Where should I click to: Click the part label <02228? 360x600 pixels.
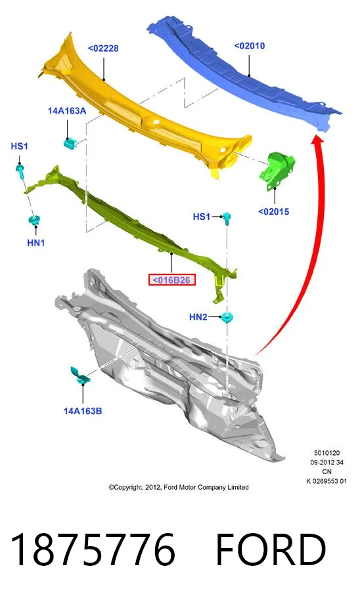103,49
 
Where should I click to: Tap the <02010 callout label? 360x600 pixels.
250,46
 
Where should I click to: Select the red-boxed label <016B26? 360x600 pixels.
172,280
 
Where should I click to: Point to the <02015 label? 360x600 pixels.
273,211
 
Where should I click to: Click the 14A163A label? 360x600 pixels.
67,111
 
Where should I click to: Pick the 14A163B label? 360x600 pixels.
83,411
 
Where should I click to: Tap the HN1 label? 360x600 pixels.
36,243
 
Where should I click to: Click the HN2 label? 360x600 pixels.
198,317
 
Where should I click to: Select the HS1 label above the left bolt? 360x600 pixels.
19,146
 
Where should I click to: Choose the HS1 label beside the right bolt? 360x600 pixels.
202,217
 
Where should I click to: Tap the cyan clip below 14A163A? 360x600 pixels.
69,143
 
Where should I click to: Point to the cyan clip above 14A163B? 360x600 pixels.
80,375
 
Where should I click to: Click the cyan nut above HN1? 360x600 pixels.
34,221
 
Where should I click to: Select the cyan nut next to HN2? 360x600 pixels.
227,317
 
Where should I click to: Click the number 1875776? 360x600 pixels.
93,549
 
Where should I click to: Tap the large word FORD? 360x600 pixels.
271,549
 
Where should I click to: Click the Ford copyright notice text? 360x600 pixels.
179,487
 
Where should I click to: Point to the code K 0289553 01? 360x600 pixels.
326,481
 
